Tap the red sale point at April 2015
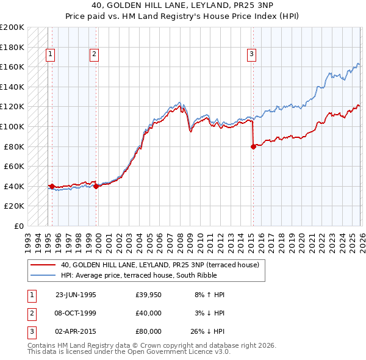(x=253, y=146)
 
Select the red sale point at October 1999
(x=96, y=187)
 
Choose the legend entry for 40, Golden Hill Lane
(x=160, y=265)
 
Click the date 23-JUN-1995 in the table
(x=76, y=294)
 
